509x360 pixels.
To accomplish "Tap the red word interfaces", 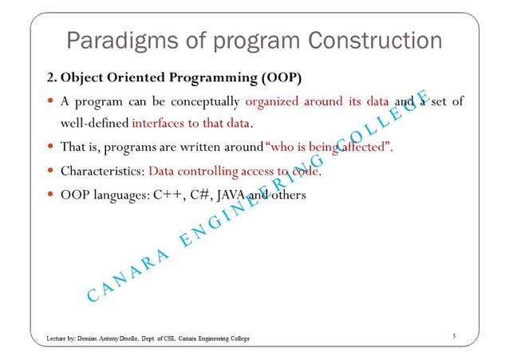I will coord(159,124).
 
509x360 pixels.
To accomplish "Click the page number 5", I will coord(454,337).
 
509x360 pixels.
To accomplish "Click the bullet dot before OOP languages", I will coord(50,193).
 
